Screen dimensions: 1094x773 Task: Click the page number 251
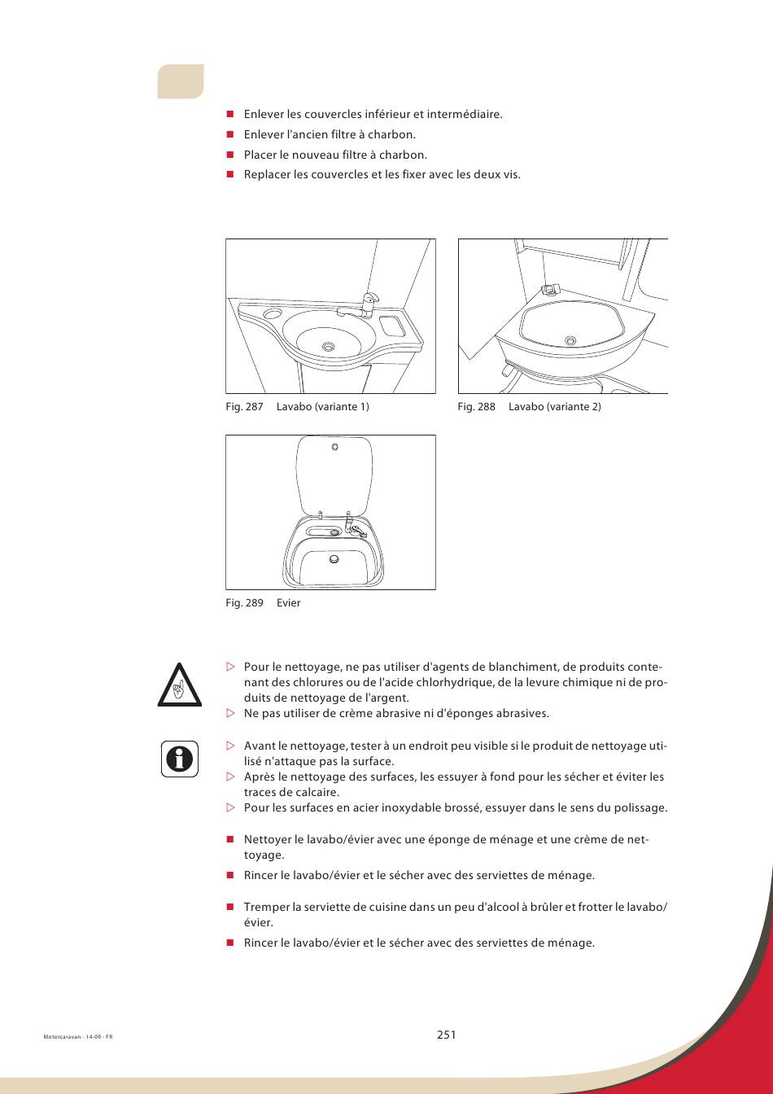click(x=446, y=1035)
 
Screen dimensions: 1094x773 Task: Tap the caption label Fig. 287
click(x=244, y=407)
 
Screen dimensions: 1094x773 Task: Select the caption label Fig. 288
click(x=476, y=407)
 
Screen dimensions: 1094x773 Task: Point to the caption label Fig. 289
click(x=244, y=603)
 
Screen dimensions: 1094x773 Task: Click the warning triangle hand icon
click(x=180, y=685)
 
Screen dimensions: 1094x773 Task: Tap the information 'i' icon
click(x=180, y=759)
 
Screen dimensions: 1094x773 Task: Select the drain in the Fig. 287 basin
click(x=328, y=347)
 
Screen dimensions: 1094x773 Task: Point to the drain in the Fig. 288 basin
click(x=570, y=340)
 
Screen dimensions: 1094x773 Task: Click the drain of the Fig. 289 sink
click(x=334, y=559)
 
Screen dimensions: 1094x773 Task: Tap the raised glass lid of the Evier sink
click(x=336, y=475)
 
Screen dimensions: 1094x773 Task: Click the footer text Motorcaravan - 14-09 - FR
click(x=77, y=1037)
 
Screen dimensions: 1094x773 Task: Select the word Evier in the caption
click(x=289, y=603)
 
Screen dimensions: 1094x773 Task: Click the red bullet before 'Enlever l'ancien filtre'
click(x=229, y=134)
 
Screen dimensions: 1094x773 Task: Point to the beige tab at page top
click(x=181, y=81)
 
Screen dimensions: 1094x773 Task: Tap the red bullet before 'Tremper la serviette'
click(x=229, y=907)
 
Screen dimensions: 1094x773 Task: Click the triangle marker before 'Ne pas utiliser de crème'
click(x=229, y=714)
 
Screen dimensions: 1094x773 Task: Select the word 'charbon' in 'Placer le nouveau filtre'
click(x=406, y=155)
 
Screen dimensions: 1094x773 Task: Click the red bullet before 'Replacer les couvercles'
click(x=229, y=174)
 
